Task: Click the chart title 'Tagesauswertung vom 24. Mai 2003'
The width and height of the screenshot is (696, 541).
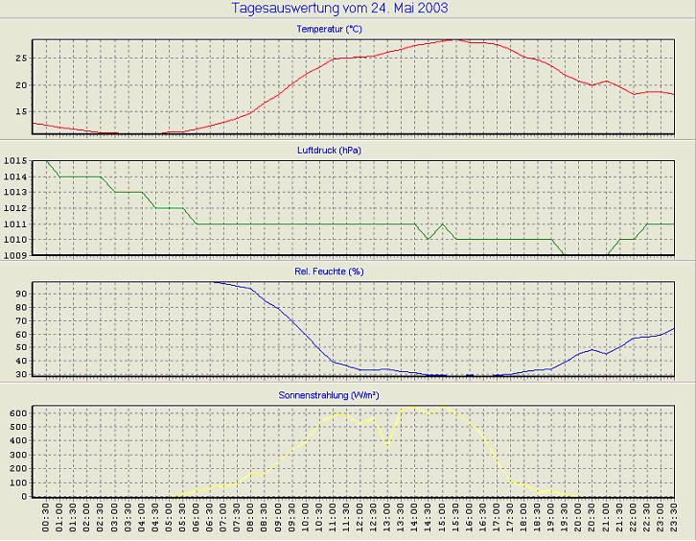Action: (x=340, y=9)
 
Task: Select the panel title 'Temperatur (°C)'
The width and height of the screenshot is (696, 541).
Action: (x=329, y=30)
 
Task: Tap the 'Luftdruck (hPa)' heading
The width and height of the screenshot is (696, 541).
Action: (x=329, y=151)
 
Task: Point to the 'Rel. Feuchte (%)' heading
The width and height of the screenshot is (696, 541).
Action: (x=329, y=271)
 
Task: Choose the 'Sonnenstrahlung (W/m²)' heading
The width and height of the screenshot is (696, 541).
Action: (x=329, y=393)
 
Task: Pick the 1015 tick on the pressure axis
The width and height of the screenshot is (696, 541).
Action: (x=14, y=161)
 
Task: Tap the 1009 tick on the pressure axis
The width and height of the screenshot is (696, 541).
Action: (x=14, y=254)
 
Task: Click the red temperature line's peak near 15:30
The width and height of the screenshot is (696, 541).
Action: (x=454, y=40)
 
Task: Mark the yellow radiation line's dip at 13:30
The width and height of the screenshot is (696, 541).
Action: (x=387, y=444)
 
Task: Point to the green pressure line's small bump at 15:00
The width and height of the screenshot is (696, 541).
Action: (x=442, y=223)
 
